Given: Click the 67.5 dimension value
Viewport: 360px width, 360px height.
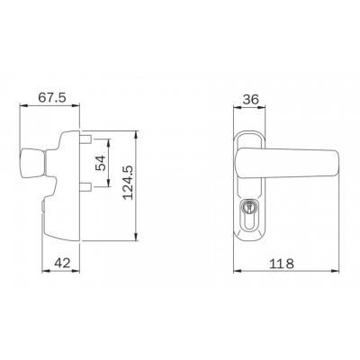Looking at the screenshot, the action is (52, 98).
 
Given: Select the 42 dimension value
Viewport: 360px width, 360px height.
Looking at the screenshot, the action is (62, 263).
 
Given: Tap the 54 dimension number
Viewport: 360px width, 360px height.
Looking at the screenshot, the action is (101, 163).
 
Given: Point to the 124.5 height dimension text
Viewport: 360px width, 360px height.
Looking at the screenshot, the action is (128, 183).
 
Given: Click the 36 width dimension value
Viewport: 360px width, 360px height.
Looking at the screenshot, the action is (250, 99).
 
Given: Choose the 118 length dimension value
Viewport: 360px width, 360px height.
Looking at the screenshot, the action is (282, 264).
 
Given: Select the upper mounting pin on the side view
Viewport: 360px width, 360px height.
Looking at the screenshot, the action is (85, 139).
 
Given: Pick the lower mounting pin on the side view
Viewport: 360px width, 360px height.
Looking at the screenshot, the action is (85, 186).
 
